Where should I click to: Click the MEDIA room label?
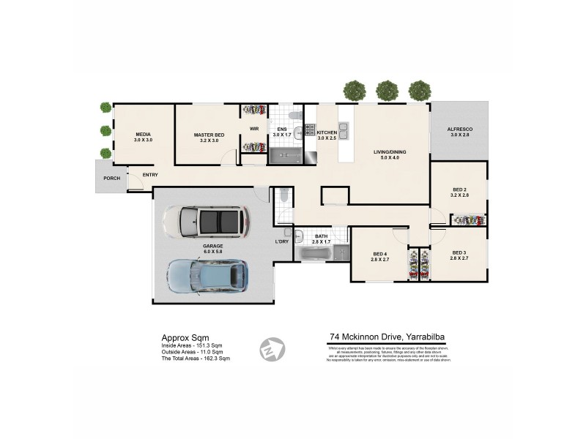tap(144, 135)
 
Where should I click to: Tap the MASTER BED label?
tap(209, 135)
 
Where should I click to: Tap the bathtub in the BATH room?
tap(313, 253)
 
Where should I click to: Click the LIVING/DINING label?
tap(388, 152)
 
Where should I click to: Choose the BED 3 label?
tap(459, 253)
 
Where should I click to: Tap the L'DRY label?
tap(282, 241)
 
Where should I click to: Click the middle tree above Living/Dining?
tap(387, 91)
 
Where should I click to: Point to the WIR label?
tap(254, 129)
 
